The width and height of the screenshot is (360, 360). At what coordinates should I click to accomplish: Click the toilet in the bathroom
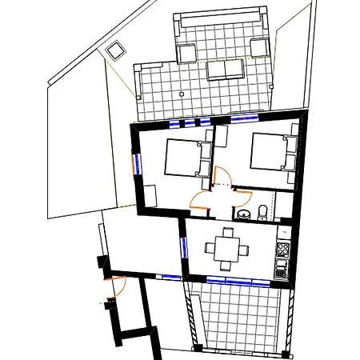click(262, 212)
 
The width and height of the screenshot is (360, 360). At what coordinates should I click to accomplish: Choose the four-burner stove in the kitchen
click(282, 249)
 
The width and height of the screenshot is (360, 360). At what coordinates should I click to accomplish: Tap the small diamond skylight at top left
click(116, 50)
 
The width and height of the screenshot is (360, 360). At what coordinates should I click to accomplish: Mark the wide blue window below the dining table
click(237, 281)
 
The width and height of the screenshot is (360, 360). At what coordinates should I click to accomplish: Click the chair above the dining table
click(229, 232)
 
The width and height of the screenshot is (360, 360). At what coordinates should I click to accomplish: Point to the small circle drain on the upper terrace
click(182, 93)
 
